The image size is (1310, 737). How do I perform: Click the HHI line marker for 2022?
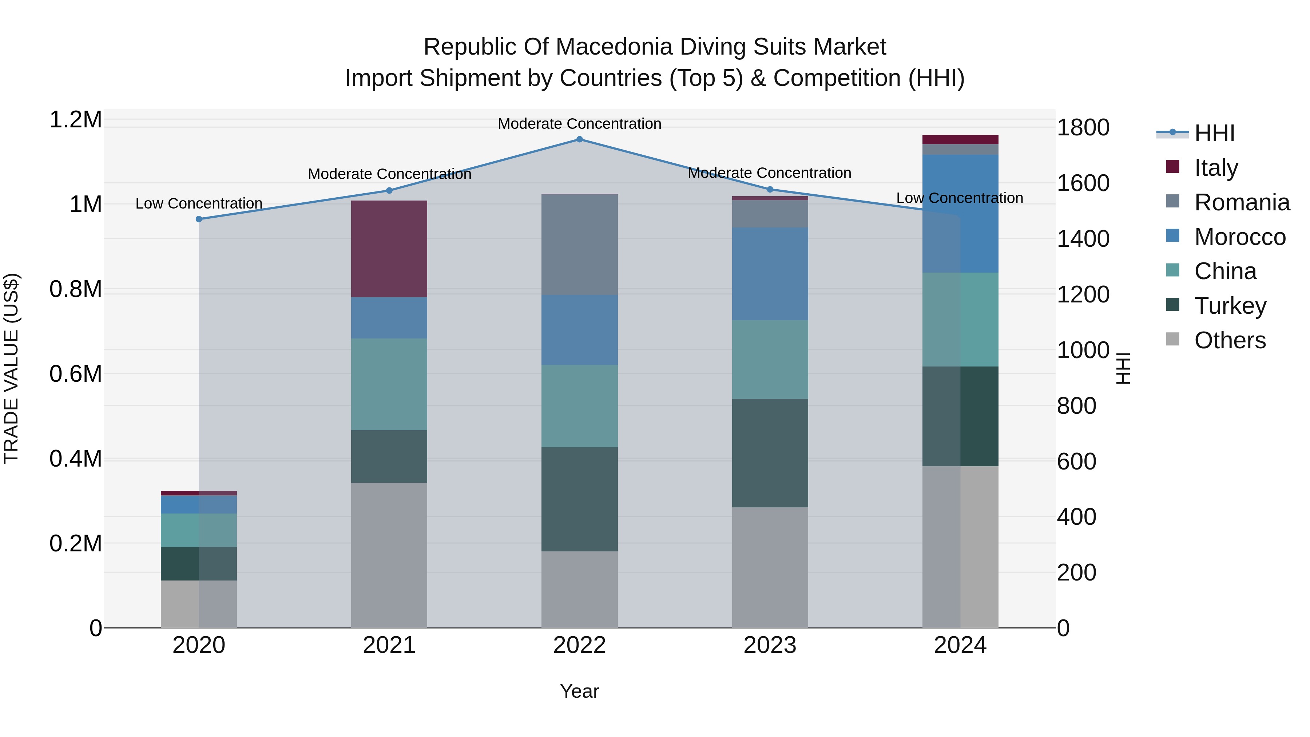coord(579,139)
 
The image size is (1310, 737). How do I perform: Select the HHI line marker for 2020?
coord(199,219)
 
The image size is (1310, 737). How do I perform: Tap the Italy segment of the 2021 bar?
coord(389,249)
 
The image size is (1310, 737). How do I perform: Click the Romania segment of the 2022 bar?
coord(579,245)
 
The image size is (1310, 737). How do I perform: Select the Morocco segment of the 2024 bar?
coord(960,214)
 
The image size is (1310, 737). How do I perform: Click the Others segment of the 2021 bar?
coord(389,555)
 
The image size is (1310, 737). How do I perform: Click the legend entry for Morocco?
coord(1239,237)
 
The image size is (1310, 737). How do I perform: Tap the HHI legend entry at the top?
coord(1214,133)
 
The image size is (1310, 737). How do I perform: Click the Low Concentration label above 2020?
coord(199,203)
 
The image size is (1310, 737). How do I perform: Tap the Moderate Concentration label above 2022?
coord(579,124)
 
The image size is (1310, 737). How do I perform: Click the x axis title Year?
coord(579,691)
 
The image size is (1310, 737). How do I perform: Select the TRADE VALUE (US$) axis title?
coord(11,368)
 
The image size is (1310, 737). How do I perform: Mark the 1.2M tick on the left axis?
coord(76,120)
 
